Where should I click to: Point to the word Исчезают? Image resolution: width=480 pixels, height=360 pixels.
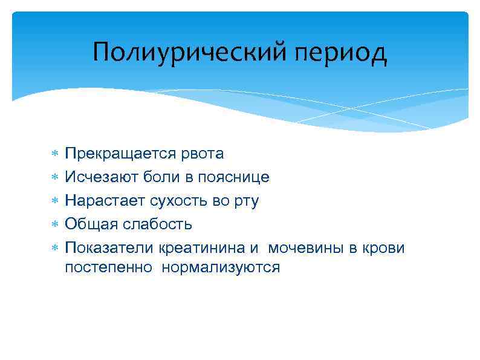pyautogui.click(x=102, y=177)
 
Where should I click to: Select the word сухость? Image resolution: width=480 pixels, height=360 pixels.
pyautogui.click(x=177, y=201)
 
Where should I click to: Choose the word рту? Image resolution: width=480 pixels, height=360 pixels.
pyautogui.click(x=247, y=201)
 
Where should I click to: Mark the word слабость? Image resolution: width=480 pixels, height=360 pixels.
pyautogui.click(x=158, y=224)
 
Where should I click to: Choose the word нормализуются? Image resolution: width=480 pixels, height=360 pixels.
pyautogui.click(x=221, y=267)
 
